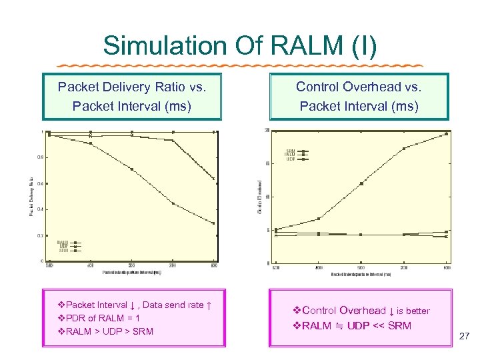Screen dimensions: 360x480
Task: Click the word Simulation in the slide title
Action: point(165,46)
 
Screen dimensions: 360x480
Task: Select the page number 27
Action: point(465,337)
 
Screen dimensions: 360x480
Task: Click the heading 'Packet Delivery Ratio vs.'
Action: point(131,87)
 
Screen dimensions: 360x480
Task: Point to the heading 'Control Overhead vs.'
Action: point(359,87)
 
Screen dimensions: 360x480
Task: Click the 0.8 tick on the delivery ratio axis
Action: point(41,157)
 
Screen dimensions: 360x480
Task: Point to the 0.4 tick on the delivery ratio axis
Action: point(41,209)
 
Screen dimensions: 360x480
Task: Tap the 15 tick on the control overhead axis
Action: point(267,163)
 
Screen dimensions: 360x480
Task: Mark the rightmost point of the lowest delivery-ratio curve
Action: point(214,223)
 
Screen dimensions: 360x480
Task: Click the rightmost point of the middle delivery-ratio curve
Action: point(214,179)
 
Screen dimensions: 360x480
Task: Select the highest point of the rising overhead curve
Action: point(446,134)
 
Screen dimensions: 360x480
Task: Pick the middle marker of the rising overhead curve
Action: point(362,183)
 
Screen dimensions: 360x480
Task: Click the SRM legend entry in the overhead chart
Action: point(291,151)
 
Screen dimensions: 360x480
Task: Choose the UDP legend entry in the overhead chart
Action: point(291,159)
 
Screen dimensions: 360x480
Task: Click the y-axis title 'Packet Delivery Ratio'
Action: point(31,196)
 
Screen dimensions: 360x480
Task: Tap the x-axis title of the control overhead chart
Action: point(361,275)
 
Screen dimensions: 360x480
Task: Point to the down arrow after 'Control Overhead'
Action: point(391,311)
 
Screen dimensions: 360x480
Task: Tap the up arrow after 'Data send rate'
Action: point(209,305)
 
